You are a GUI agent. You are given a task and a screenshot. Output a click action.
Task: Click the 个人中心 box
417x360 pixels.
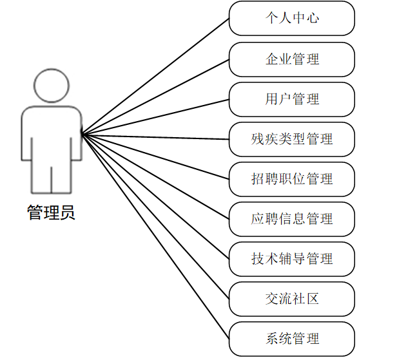(291, 18)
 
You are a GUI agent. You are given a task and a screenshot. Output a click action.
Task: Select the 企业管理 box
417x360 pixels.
(291, 59)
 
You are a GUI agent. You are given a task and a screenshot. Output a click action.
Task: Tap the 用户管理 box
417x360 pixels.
(291, 99)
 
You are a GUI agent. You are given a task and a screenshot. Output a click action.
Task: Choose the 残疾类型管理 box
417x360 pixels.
(291, 139)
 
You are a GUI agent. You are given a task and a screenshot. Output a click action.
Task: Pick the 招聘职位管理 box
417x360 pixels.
(291, 179)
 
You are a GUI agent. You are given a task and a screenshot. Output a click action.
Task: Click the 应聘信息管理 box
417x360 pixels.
(291, 219)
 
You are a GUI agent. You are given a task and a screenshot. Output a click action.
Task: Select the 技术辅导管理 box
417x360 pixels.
(291, 259)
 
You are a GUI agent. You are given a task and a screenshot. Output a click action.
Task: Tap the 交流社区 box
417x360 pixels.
(291, 299)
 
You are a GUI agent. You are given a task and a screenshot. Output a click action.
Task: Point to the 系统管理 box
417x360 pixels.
(291, 339)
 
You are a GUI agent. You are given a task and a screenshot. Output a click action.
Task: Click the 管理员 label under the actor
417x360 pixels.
(51, 213)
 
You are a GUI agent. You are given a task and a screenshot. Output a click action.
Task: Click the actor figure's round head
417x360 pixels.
(51, 85)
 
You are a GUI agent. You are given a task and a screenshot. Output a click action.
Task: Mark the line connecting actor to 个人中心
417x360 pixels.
(155, 75)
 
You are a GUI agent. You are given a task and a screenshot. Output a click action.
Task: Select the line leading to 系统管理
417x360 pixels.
(155, 236)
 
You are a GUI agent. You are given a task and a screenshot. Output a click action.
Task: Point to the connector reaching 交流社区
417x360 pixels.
(155, 215)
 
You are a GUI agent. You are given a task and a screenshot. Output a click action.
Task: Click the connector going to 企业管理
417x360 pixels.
(155, 96)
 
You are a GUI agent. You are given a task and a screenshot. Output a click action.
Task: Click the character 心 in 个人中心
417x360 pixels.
(313, 18)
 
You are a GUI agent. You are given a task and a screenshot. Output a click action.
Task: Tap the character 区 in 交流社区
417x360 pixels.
(313, 299)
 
